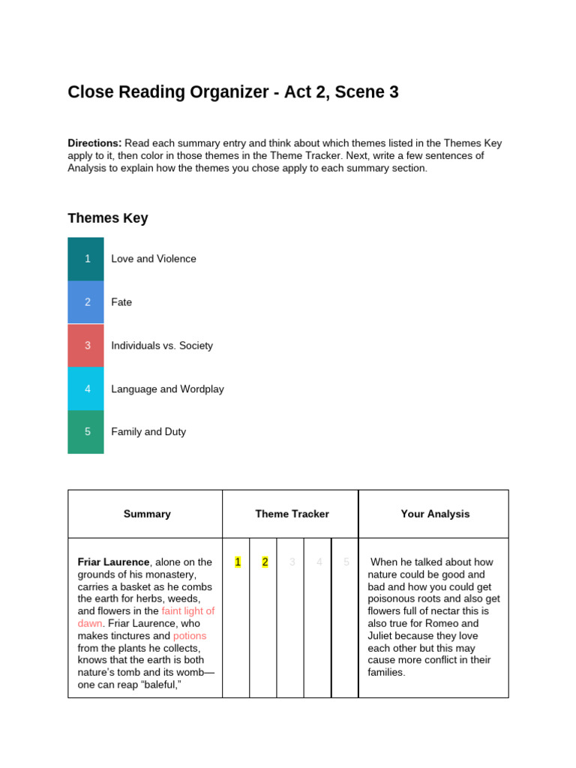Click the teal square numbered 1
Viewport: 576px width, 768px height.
point(86,259)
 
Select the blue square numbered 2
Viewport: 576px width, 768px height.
point(86,302)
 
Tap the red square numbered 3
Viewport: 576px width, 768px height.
point(86,346)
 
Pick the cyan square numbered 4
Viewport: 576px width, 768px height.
point(86,388)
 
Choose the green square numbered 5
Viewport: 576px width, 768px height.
point(86,432)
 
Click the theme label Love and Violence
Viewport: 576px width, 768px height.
point(154,259)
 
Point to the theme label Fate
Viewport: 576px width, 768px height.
point(121,302)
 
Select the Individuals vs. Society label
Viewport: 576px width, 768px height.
point(162,346)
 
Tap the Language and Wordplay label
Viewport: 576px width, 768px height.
point(167,389)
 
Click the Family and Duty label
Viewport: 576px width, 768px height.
point(148,432)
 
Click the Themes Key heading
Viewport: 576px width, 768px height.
point(108,218)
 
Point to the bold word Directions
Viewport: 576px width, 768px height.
point(94,143)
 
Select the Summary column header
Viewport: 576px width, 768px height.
point(147,514)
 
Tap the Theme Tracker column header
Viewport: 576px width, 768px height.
point(292,514)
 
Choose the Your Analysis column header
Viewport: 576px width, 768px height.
point(435,514)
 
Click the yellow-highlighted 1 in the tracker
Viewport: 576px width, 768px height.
point(238,562)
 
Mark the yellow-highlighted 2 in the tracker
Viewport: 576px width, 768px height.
point(265,562)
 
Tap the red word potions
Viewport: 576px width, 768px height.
point(190,636)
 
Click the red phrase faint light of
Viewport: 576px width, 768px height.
point(187,611)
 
